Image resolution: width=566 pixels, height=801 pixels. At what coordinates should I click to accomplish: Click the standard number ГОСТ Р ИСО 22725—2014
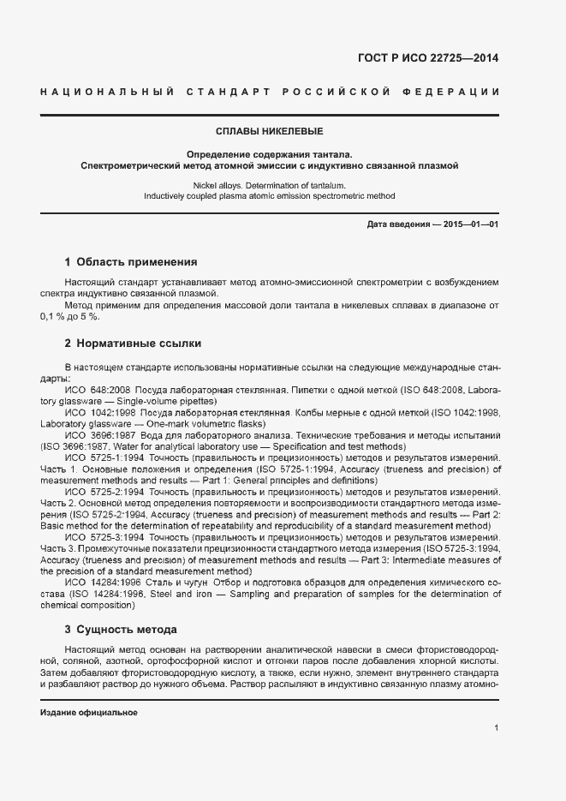427,59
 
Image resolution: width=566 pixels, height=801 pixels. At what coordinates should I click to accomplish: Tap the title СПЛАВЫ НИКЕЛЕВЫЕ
269,132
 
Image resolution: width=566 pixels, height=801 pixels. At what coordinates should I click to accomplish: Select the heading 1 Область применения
131,261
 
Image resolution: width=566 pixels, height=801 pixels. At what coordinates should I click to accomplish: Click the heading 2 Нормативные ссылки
133,344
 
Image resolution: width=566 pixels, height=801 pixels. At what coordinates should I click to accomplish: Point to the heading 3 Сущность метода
121,629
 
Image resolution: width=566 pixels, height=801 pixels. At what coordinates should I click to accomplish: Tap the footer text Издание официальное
89,713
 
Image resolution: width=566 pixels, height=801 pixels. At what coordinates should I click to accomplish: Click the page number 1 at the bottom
497,728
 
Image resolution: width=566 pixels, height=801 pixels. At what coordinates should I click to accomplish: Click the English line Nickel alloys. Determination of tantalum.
269,185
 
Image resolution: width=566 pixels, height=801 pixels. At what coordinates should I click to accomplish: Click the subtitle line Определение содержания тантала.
269,153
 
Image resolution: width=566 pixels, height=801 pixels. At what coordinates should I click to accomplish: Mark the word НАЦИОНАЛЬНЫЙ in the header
108,92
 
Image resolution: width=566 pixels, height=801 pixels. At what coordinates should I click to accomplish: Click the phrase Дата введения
398,224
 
